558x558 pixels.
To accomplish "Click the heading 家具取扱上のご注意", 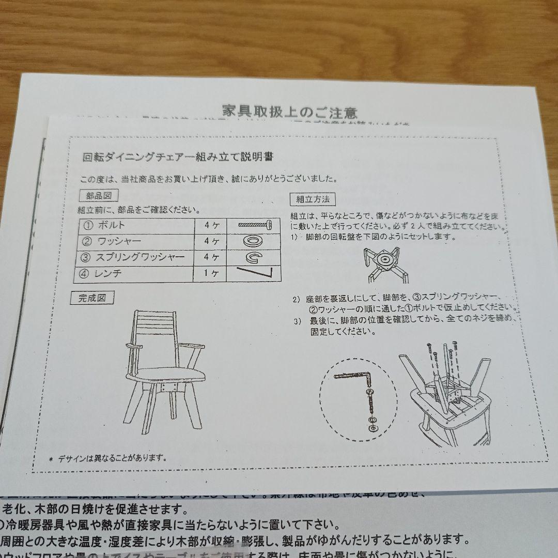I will click(289, 111).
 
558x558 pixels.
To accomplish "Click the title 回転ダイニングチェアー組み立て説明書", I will click(178, 158).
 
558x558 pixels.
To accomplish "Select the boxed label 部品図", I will click(99, 196).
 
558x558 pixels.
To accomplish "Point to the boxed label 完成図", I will click(92, 298).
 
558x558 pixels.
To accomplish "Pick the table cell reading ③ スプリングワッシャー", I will click(134, 257).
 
